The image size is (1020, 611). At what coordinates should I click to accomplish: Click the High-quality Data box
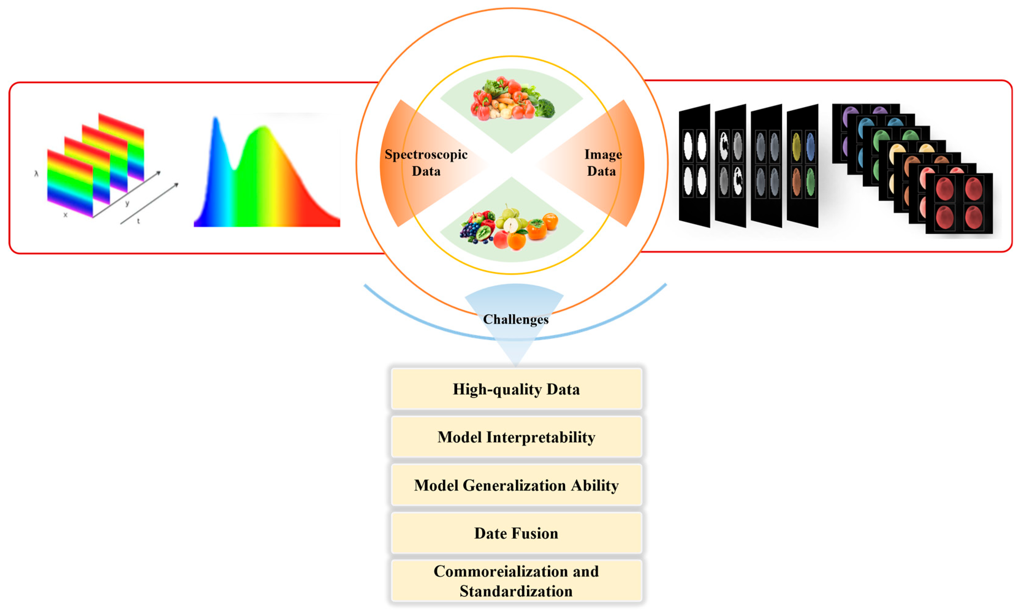[x=516, y=389]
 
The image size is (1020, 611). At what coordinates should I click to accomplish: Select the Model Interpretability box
[x=516, y=437]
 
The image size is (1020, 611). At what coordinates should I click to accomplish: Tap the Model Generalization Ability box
[x=516, y=485]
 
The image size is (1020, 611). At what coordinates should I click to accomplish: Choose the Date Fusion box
[x=516, y=533]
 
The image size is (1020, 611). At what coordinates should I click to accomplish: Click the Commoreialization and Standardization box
[x=516, y=581]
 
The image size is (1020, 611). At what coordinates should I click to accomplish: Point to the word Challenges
[x=515, y=320]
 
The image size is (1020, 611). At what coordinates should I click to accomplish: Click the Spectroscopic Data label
[x=426, y=163]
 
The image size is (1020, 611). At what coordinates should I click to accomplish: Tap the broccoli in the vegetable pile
[x=544, y=108]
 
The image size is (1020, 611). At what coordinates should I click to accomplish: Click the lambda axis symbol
[x=36, y=174]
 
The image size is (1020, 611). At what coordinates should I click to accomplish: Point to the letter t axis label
[x=138, y=221]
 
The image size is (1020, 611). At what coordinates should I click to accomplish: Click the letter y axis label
[x=127, y=203]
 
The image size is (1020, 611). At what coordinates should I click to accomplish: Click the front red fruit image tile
[x=959, y=204]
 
